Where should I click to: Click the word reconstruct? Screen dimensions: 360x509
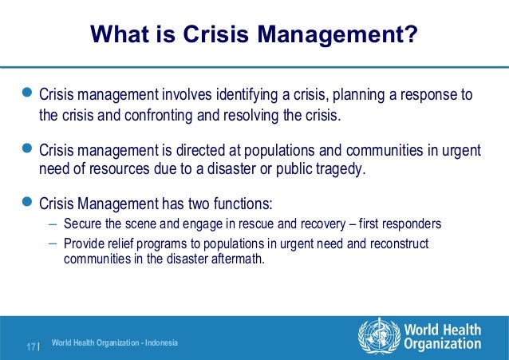(x=399, y=242)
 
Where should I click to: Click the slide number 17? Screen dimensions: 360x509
(x=31, y=346)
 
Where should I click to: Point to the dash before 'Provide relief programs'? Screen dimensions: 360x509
(x=52, y=241)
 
